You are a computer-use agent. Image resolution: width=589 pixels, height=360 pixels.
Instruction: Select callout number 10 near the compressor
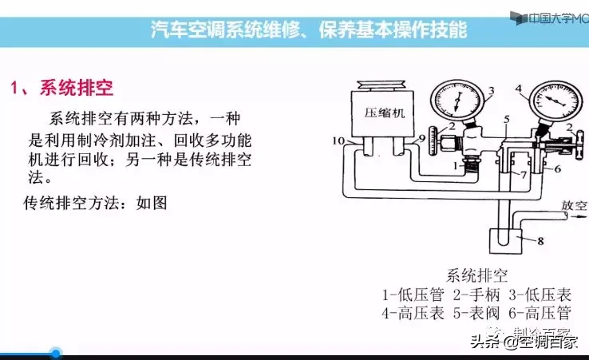coord(338,140)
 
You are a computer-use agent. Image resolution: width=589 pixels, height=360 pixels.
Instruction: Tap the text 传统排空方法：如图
coord(95,202)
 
